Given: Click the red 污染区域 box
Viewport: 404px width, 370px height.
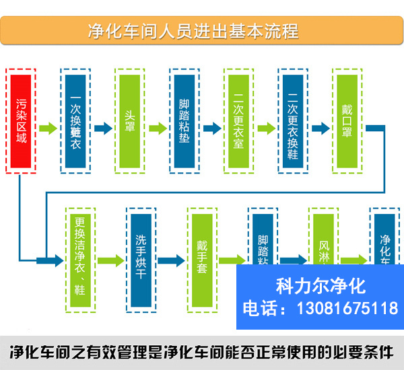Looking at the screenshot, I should pos(22,121).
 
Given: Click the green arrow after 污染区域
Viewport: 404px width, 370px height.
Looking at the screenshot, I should pos(48,128).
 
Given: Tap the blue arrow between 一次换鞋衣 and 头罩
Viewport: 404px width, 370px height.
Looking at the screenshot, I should pos(103,128).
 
